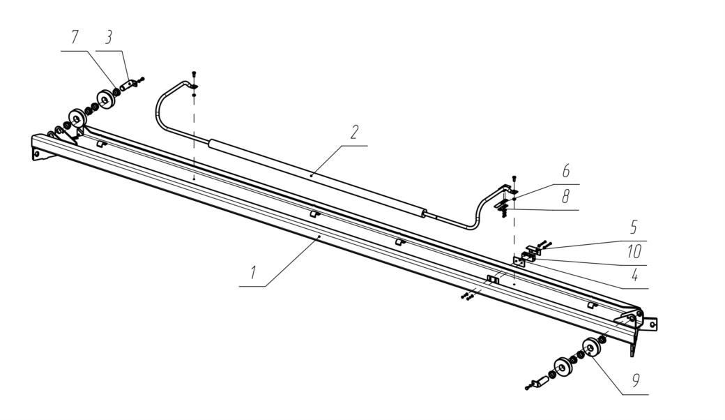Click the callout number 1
[253, 273]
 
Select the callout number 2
[353, 132]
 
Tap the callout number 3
[108, 38]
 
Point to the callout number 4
[635, 276]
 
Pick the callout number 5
[634, 227]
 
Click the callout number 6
[566, 171]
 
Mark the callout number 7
[75, 38]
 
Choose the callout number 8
[566, 197]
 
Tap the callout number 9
[635, 381]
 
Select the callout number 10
[634, 252]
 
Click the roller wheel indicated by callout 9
[591, 347]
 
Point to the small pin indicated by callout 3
[128, 85]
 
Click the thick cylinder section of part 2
[316, 178]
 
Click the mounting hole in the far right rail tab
[652, 324]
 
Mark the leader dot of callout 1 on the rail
[319, 236]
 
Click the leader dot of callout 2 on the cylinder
[312, 176]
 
